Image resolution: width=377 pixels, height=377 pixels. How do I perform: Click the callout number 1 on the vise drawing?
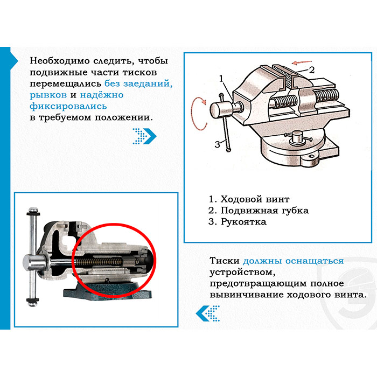[x=221, y=79]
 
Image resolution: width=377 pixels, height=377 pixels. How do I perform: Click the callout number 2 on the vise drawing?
[x=311, y=70]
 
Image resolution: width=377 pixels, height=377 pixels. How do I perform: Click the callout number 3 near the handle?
[x=217, y=144]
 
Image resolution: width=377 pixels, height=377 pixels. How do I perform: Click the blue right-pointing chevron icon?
[x=144, y=136]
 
